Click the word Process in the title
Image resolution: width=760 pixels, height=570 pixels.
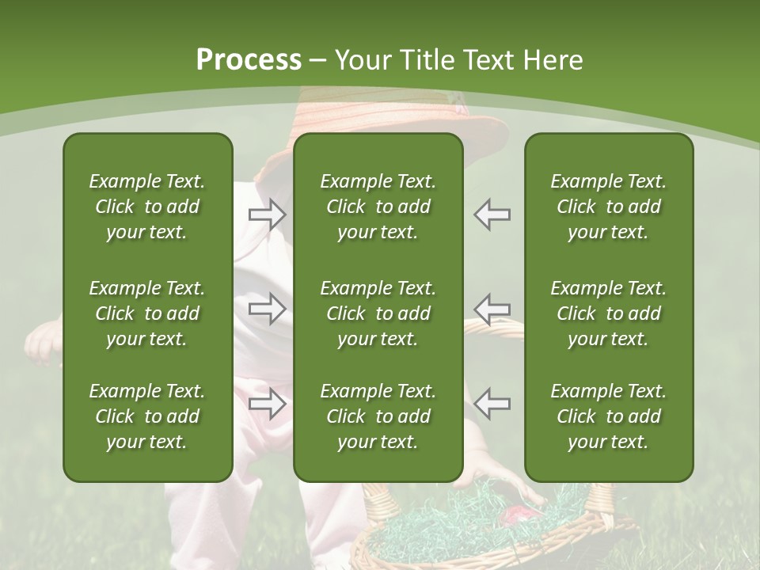(x=249, y=60)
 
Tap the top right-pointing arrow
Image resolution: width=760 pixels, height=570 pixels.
(x=268, y=215)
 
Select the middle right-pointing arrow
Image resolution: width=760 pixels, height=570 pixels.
(x=268, y=308)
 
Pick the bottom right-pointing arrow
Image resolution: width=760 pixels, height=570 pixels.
(x=268, y=404)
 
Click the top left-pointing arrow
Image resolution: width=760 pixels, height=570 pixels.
(x=492, y=215)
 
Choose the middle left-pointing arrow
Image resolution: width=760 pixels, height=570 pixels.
(x=492, y=308)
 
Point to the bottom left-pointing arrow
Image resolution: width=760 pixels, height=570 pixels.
(x=492, y=404)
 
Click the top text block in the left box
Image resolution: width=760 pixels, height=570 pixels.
(x=147, y=207)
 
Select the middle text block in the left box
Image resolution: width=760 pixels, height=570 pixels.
(x=147, y=313)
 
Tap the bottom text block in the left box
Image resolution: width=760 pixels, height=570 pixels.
(x=147, y=416)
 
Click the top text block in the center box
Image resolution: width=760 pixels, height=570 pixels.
(x=378, y=207)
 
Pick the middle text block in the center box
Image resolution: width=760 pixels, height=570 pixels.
(x=378, y=313)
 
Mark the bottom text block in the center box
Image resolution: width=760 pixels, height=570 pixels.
(x=378, y=416)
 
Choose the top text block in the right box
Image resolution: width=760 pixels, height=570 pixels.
(x=608, y=207)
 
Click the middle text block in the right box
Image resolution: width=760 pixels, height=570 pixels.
(x=608, y=313)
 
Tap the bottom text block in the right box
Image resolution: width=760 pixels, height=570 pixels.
(x=608, y=416)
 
